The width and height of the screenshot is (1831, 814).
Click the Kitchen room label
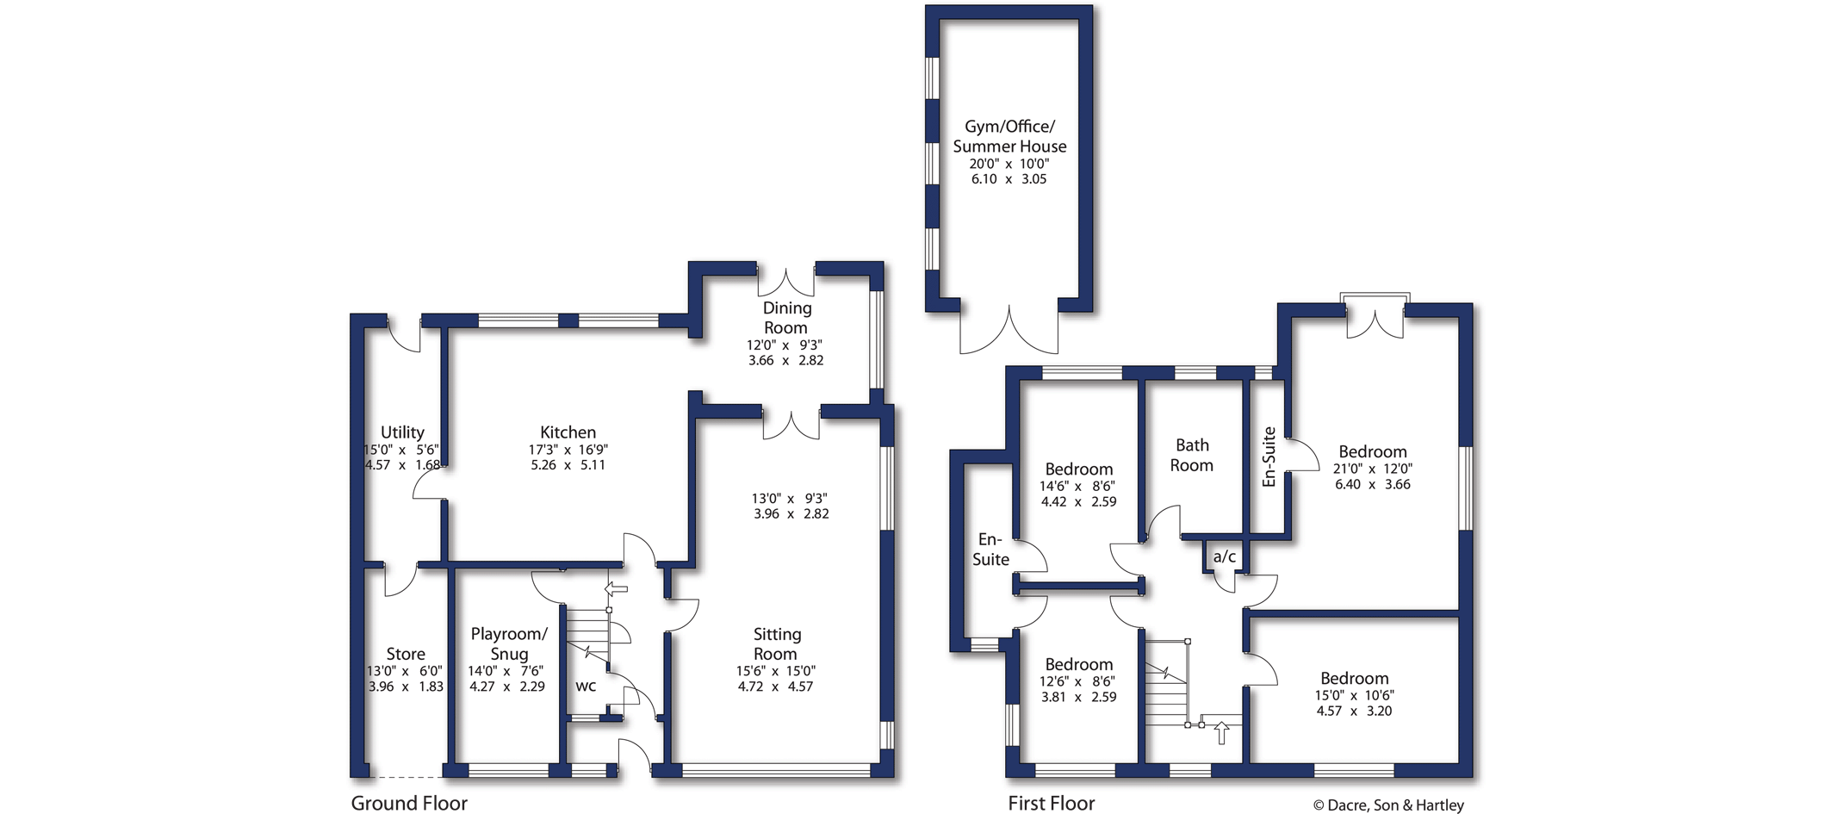point(568,432)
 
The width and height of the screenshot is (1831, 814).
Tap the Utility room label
point(402,432)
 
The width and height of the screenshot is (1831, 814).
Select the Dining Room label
point(786,318)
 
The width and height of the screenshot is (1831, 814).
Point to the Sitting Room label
point(777,643)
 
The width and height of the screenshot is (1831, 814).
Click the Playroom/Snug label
point(509,643)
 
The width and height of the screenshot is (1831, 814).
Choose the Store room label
point(406,654)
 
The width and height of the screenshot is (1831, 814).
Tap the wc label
point(586,687)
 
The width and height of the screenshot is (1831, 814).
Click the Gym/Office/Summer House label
point(1009,136)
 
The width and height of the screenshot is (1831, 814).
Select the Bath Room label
point(1192,455)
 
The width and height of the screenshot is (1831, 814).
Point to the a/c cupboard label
point(1225,556)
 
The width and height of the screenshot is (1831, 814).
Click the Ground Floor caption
point(409,803)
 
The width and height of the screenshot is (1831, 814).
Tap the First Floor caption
point(1052,803)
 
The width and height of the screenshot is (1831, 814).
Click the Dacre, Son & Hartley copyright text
point(1388,805)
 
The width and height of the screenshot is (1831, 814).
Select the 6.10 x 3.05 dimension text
point(1009,179)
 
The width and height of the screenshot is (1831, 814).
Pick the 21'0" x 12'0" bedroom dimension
point(1373,469)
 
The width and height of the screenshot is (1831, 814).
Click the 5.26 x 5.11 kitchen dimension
point(568,464)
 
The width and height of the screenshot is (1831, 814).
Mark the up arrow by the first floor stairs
point(1221,733)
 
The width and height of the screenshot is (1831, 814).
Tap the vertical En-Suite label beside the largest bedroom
point(1269,457)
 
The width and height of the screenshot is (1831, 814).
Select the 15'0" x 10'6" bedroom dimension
point(1355,695)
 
